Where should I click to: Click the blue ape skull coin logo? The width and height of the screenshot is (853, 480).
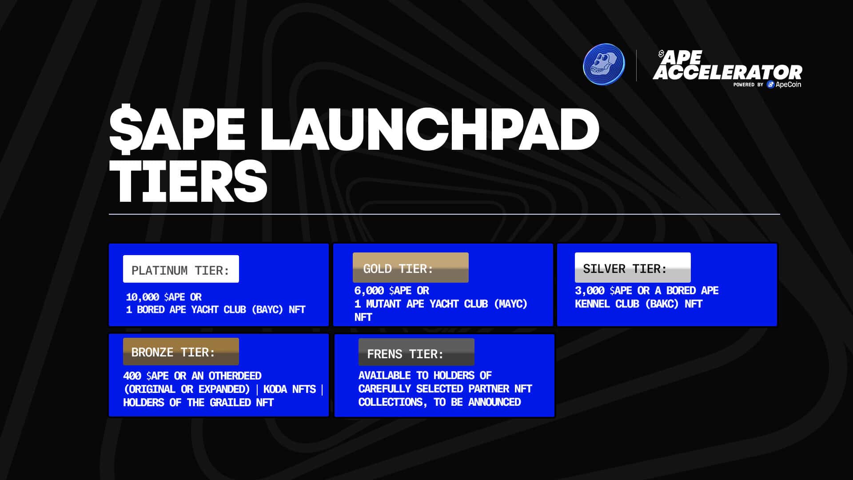click(x=604, y=64)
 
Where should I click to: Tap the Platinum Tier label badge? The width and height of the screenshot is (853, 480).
click(x=181, y=269)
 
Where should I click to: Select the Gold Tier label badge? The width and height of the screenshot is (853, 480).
click(x=411, y=268)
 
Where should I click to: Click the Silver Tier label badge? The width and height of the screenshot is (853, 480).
click(x=633, y=268)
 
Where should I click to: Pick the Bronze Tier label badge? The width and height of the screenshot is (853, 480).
click(x=181, y=352)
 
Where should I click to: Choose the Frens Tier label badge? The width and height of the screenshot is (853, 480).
click(x=416, y=352)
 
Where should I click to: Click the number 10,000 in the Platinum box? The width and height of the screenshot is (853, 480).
click(x=142, y=297)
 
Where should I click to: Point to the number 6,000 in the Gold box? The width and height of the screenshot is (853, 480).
click(x=369, y=291)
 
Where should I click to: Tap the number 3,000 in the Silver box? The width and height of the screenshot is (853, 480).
click(x=590, y=291)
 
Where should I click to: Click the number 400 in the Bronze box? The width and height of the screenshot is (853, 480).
click(x=132, y=376)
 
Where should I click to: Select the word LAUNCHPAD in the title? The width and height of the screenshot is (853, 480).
click(x=430, y=129)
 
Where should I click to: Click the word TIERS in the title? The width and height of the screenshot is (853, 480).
click(x=188, y=181)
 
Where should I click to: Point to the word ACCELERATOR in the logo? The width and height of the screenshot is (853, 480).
click(x=727, y=72)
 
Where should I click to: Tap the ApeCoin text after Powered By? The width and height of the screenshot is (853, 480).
click(x=788, y=84)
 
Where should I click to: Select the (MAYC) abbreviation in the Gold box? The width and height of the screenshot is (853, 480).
click(x=510, y=304)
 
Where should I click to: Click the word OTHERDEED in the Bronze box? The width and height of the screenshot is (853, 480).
click(x=235, y=376)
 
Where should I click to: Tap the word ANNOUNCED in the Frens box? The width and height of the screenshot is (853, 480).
click(x=494, y=402)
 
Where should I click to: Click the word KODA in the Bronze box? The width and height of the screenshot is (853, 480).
click(x=275, y=389)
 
